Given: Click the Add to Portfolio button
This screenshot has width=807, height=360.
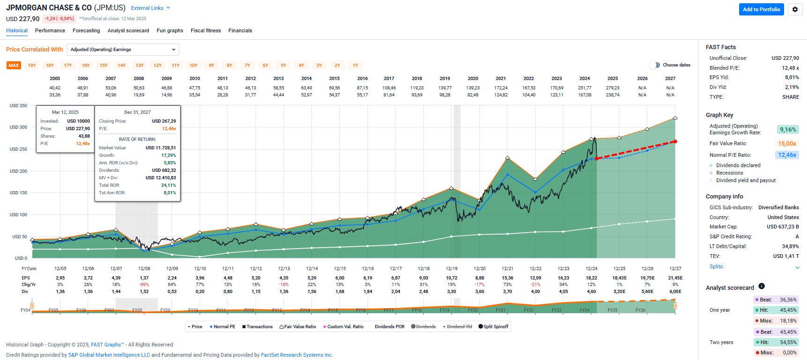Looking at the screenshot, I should (x=761, y=9).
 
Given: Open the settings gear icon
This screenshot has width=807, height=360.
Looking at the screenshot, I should (x=795, y=9).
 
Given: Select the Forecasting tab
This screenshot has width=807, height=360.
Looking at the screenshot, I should (x=86, y=30).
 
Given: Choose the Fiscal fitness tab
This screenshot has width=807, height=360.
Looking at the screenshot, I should (x=205, y=30).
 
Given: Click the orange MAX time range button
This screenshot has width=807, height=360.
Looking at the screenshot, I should (x=14, y=66).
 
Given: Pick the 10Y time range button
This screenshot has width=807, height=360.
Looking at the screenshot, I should (x=193, y=66).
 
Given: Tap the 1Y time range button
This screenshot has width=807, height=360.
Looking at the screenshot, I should (x=355, y=66).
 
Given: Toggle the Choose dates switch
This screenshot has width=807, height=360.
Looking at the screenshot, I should (x=654, y=65).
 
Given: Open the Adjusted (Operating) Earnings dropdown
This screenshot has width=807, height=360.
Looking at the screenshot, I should (x=123, y=50).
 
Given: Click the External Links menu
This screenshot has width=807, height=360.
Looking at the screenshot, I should (x=150, y=8).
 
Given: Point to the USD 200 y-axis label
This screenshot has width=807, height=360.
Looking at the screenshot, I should (x=18, y=171).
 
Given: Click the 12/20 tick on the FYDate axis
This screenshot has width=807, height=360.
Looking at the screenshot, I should (x=479, y=269).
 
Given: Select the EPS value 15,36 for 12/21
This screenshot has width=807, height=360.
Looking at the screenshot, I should (x=507, y=278).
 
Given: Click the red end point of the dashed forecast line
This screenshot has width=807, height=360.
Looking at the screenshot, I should (x=675, y=141).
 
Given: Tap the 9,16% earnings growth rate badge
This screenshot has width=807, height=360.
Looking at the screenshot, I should (x=787, y=130).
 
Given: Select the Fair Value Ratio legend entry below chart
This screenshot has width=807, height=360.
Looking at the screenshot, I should (x=298, y=327).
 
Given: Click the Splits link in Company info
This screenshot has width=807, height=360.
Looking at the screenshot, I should (x=716, y=266).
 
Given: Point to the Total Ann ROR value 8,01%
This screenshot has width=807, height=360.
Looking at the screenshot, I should (x=169, y=193).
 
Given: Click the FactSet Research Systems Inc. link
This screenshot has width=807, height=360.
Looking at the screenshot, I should (x=297, y=355).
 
